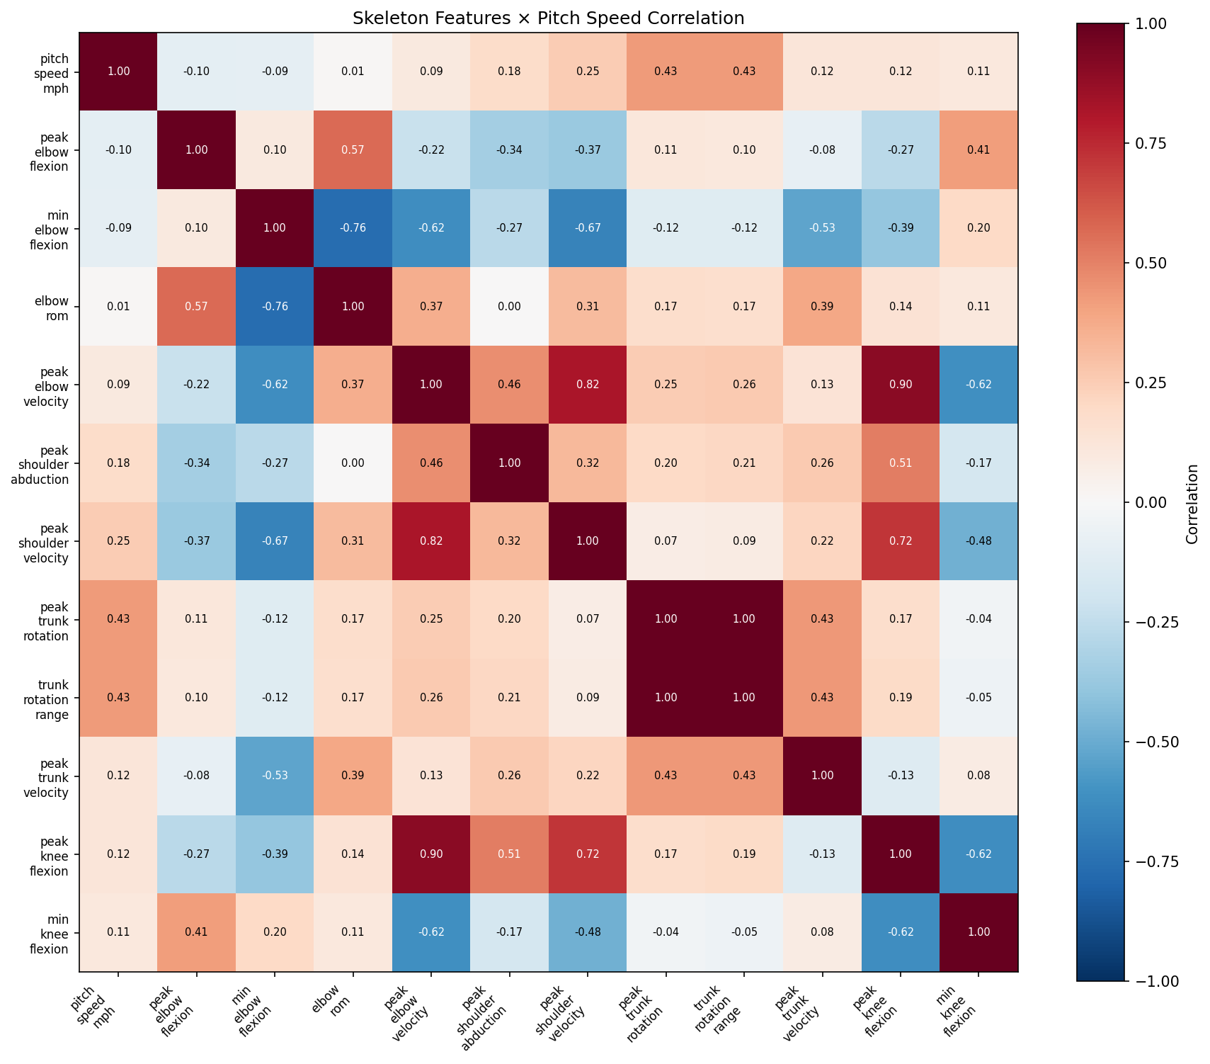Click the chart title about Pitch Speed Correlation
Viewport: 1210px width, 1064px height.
[548, 18]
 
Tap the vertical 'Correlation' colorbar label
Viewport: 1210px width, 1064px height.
[1192, 503]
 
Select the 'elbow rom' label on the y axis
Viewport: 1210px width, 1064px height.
[55, 307]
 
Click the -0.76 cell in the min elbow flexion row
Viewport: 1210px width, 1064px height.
[353, 228]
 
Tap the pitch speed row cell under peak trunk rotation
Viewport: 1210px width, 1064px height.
[666, 72]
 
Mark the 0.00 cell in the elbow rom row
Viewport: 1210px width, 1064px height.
[509, 307]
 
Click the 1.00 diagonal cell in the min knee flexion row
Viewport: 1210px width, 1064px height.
[978, 932]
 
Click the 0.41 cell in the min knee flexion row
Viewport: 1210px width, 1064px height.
[196, 932]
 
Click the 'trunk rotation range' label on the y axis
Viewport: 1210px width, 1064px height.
[52, 698]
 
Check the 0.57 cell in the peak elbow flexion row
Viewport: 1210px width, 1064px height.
[353, 150]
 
